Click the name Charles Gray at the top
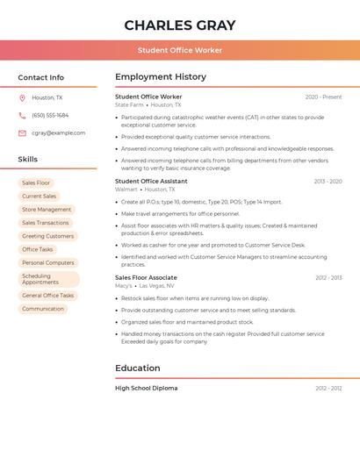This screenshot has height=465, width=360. coord(180,25)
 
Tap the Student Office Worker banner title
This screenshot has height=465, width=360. coord(180,50)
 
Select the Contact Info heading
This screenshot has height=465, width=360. coord(41,77)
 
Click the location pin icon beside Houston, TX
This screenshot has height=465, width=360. coord(22,97)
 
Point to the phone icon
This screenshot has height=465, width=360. coord(22,115)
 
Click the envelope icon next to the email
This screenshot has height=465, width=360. coord(22,133)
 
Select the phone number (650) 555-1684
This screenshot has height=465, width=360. coord(50,115)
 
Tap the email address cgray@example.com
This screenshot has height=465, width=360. coord(58,133)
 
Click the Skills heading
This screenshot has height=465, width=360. coord(28,159)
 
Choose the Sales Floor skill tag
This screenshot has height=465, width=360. coord(36,182)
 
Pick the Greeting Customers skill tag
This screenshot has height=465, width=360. coord(47,236)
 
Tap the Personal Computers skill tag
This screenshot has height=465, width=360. coord(47,262)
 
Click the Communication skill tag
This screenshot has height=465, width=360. coord(43,309)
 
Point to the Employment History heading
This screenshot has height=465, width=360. coord(161,76)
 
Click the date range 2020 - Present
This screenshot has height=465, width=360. coord(323,97)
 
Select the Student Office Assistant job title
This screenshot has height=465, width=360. coord(151,181)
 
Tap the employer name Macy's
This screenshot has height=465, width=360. coord(124,285)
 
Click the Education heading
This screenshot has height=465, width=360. coord(138,368)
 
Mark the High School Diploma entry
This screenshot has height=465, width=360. coord(147,388)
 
